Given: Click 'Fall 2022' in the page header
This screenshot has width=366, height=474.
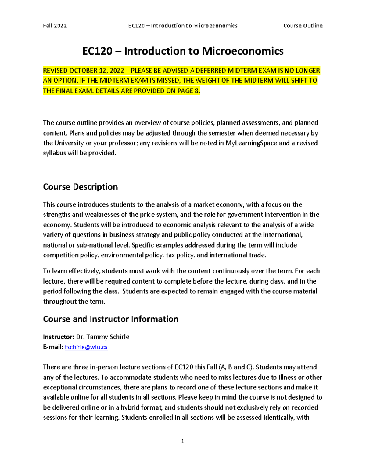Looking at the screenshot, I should click(x=55, y=26).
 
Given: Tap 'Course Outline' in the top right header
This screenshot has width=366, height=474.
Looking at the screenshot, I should click(x=303, y=26).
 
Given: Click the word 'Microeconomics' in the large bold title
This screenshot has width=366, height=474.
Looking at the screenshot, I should click(x=243, y=51).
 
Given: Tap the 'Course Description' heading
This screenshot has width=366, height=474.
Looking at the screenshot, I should click(x=80, y=187).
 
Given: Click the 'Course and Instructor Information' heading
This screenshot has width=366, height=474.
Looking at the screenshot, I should click(x=111, y=319).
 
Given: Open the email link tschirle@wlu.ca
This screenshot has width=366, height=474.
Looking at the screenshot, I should click(x=86, y=347).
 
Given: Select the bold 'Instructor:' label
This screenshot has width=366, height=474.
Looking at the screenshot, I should click(x=58, y=337).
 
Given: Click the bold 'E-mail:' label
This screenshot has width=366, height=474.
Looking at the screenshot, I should click(x=53, y=347).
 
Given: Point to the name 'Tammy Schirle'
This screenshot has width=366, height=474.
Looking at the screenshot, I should click(x=108, y=337).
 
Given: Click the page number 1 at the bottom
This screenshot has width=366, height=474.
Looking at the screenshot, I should click(x=183, y=441).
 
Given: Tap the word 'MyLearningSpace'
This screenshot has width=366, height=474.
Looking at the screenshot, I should click(x=251, y=143).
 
